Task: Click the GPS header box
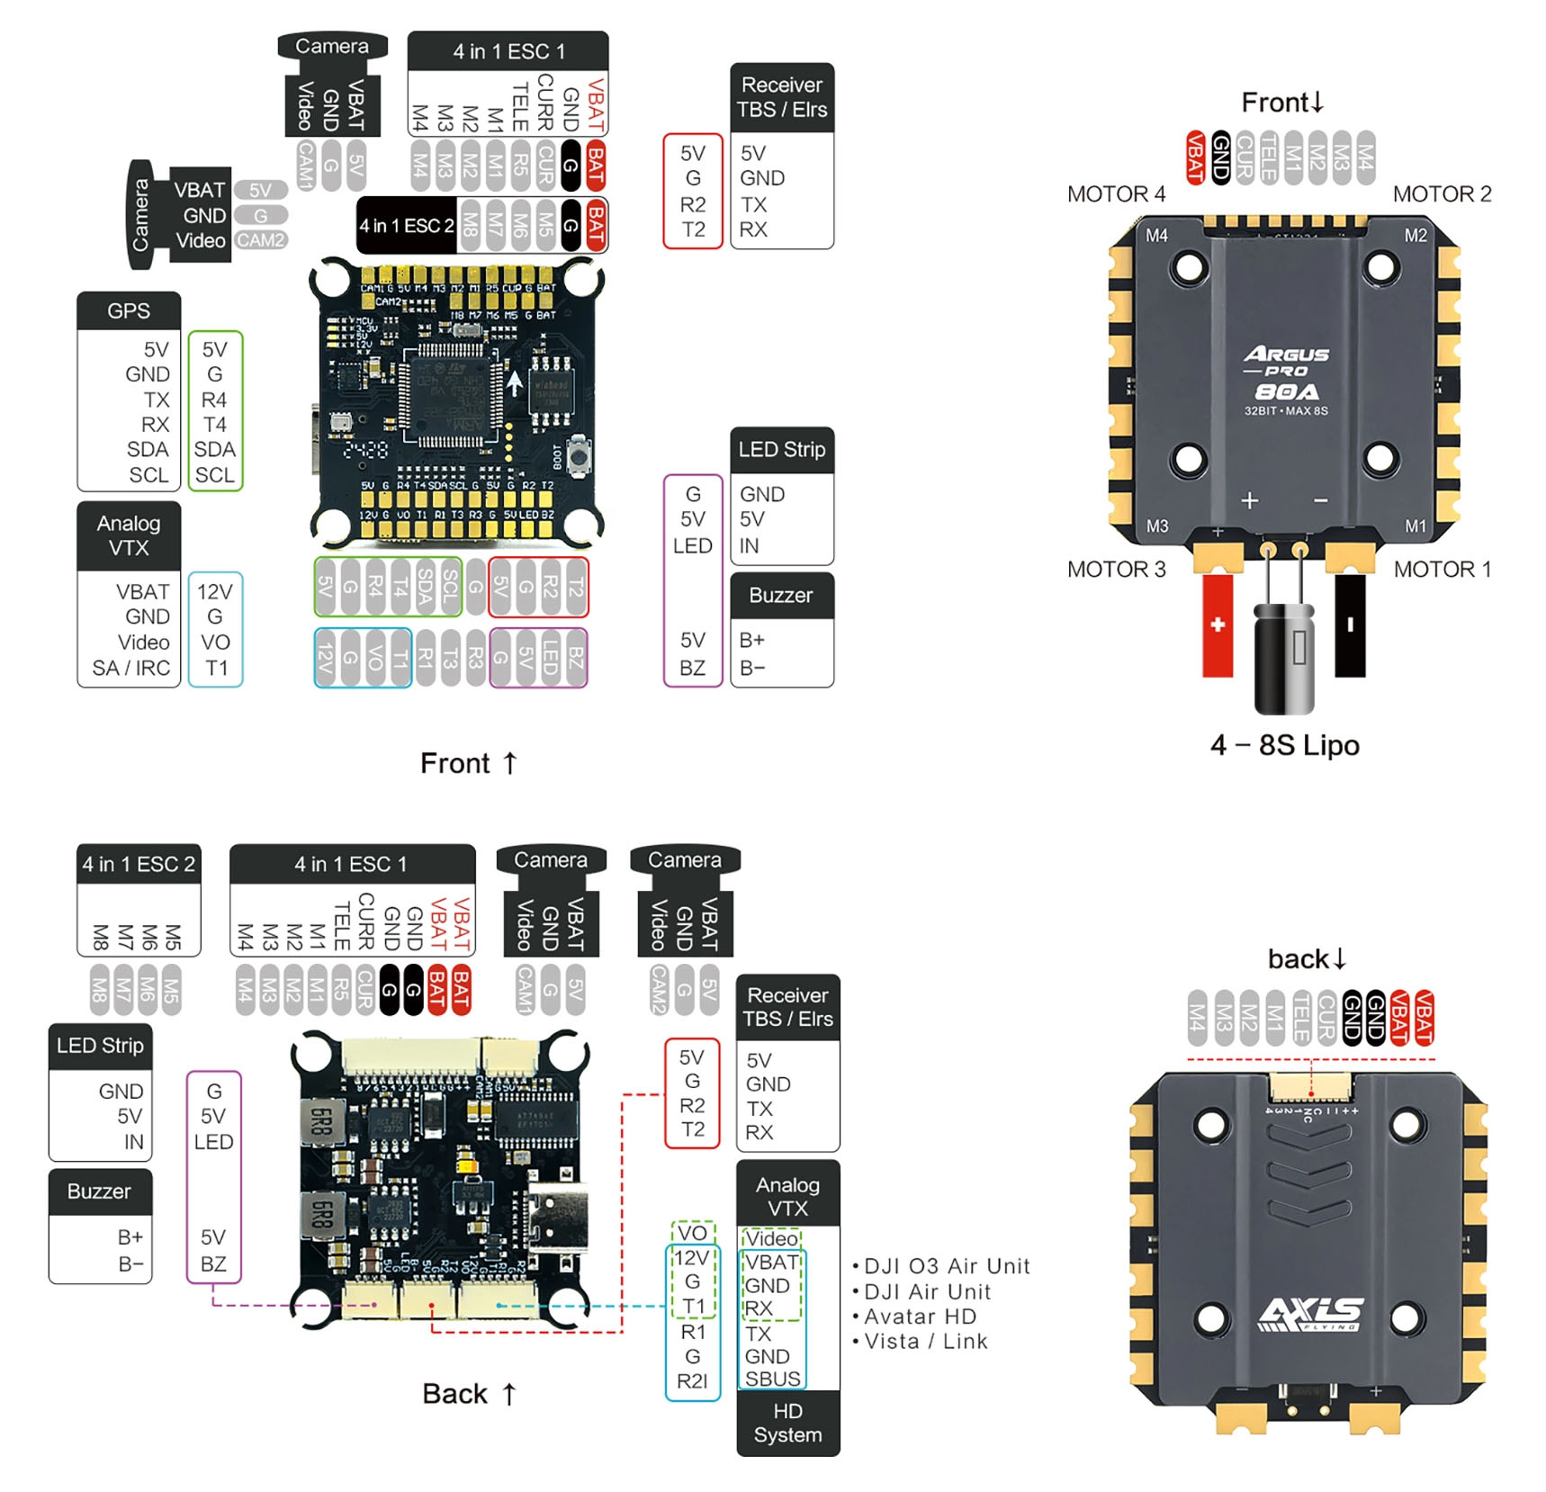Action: (129, 311)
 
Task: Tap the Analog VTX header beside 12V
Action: (129, 536)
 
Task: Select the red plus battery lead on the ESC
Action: (1217, 625)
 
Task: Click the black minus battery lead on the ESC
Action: (1349, 625)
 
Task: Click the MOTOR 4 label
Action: (1116, 194)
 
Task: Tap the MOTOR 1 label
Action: (1442, 570)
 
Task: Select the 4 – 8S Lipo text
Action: (1284, 745)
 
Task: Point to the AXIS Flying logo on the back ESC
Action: (1310, 1314)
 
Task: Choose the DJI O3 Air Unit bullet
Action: (946, 1267)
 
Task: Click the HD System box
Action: (787, 1423)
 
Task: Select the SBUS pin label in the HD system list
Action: (772, 1379)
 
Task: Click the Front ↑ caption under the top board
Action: (469, 763)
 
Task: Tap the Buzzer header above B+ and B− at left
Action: (100, 1191)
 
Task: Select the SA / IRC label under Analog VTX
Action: (131, 668)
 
